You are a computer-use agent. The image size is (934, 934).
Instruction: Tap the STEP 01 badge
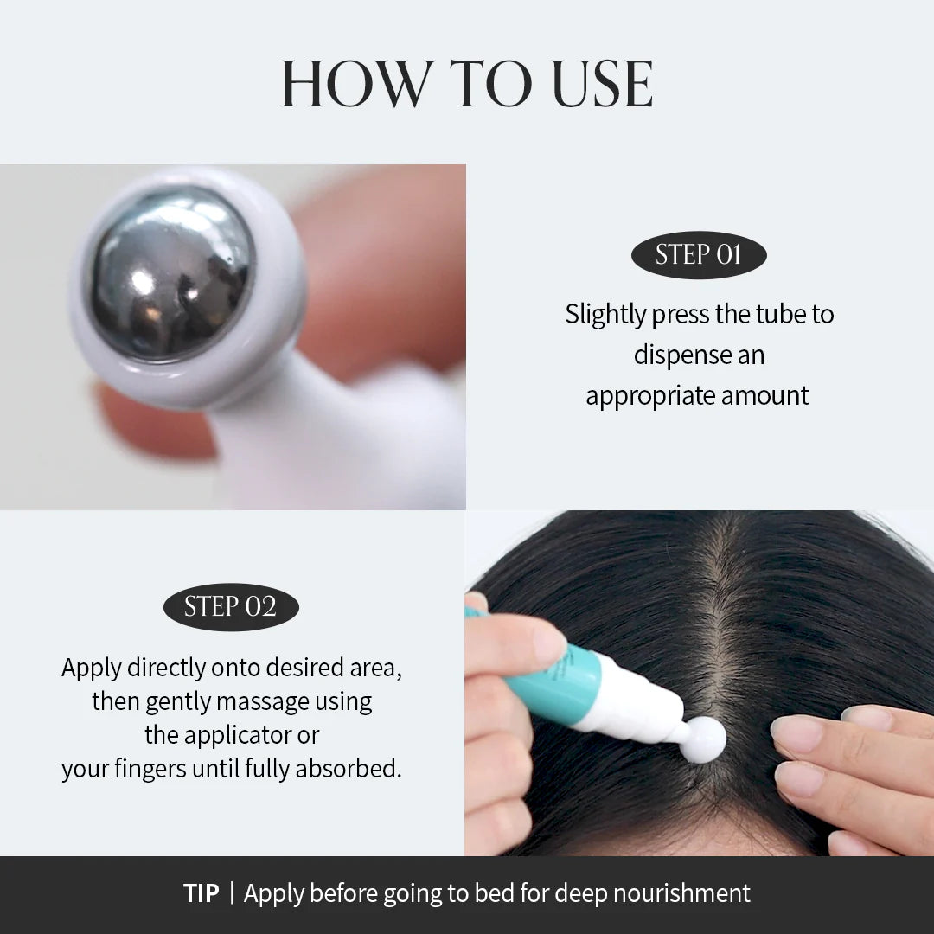[x=699, y=254]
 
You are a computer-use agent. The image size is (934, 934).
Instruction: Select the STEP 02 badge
[x=231, y=606]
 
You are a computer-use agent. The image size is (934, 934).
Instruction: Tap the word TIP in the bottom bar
[x=202, y=893]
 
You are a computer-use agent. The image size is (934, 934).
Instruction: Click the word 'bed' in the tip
[x=509, y=893]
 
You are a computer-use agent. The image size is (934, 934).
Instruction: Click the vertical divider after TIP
[x=232, y=893]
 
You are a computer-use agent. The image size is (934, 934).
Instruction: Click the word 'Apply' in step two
[x=92, y=668]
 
